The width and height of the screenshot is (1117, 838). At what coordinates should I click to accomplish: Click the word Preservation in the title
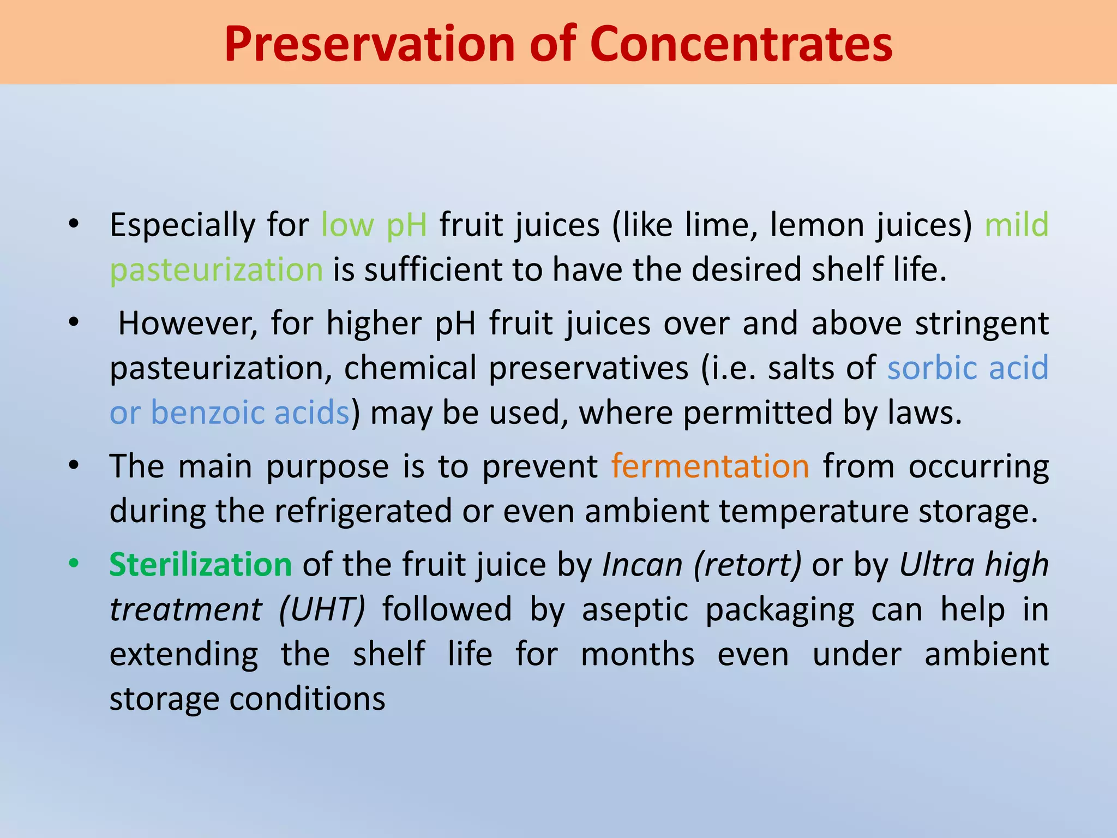[369, 45]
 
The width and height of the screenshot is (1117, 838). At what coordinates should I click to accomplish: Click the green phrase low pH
[374, 225]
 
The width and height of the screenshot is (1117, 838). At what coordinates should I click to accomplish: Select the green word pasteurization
[217, 270]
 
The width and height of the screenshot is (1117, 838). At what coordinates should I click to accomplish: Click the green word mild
[1016, 225]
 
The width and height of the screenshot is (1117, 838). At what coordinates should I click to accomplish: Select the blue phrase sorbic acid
[968, 368]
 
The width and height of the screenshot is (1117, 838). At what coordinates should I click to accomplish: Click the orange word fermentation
[710, 466]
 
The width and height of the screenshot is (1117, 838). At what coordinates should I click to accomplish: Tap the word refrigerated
[363, 511]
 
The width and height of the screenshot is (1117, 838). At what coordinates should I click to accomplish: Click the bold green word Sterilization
[201, 565]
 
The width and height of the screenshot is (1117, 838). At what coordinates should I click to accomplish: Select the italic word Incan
[642, 565]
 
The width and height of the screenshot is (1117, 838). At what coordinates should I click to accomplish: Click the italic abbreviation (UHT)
[322, 609]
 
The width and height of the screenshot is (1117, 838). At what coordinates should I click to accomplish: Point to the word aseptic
[635, 609]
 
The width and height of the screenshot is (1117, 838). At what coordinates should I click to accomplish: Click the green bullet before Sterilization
[74, 563]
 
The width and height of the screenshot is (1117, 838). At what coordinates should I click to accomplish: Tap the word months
[638, 654]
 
